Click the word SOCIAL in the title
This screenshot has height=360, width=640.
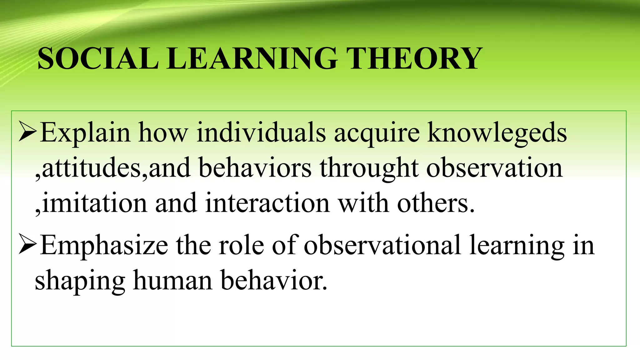tap(98, 58)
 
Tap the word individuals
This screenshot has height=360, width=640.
tap(261, 132)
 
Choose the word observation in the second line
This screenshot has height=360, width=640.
tap(494, 168)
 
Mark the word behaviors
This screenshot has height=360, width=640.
tap(255, 168)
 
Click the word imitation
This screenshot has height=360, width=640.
tap(94, 203)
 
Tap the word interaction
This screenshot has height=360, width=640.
tap(267, 203)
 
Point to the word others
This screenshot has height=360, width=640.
tap(436, 203)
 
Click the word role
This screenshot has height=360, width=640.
tap(241, 245)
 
